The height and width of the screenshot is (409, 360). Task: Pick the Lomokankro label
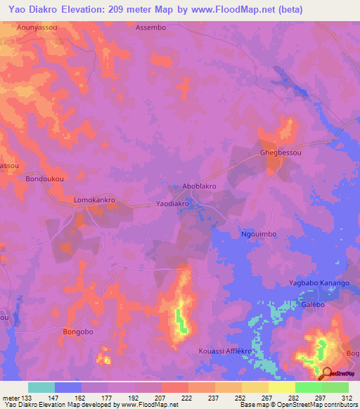click(94, 200)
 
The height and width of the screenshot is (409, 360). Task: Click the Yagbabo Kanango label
click(319, 283)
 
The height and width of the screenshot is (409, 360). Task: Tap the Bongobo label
click(78, 331)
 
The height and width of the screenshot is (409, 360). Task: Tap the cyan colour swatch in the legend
click(41, 387)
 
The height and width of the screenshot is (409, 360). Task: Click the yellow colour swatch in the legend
click(281, 387)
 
